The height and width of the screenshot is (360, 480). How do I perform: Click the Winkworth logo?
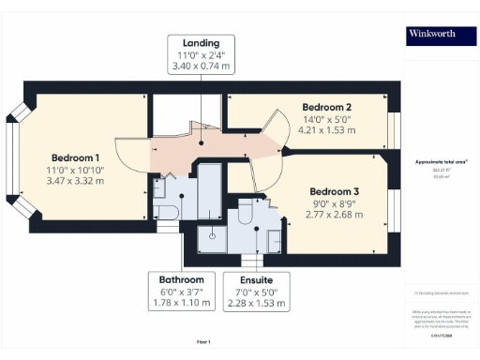(433, 36)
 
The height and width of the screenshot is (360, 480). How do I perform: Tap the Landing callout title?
(202, 43)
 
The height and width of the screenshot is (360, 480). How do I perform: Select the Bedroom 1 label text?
(75, 157)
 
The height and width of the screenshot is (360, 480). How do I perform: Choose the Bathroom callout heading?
(181, 279)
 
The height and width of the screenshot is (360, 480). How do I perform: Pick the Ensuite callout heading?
(257, 279)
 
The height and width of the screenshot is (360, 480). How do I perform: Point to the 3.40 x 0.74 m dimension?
(202, 67)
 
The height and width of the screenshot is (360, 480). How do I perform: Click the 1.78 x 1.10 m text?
(181, 303)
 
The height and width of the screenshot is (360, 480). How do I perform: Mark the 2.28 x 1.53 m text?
(257, 303)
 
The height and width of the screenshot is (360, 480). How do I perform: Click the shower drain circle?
(213, 236)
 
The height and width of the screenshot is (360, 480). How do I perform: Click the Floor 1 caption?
(203, 341)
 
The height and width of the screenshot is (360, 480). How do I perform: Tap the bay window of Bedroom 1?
(13, 165)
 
